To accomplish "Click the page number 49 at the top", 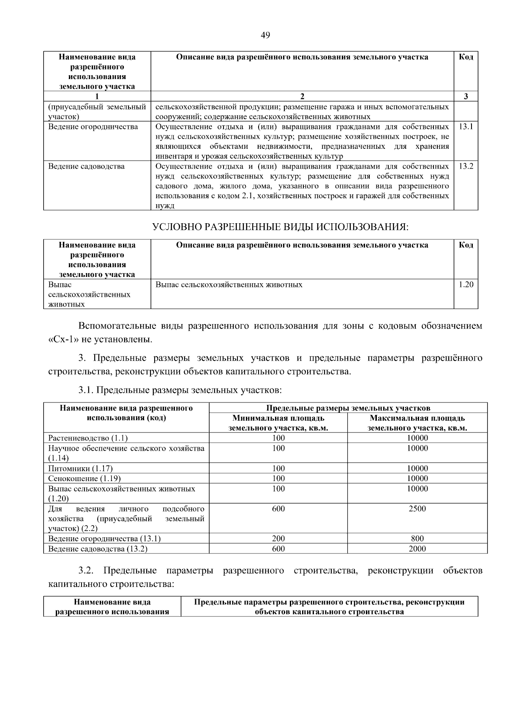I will [x=265, y=36].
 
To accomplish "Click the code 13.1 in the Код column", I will [x=466, y=126].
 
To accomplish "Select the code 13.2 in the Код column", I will [x=466, y=166].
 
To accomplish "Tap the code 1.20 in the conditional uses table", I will [x=466, y=285].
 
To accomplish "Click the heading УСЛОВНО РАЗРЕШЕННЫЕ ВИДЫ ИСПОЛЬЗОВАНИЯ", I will [x=281, y=227].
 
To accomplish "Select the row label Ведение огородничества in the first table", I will [x=93, y=126].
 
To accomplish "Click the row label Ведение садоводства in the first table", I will [x=86, y=166].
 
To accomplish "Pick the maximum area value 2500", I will [x=417, y=509].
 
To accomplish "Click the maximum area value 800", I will [x=417, y=539].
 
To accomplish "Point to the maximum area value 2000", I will [x=417, y=549].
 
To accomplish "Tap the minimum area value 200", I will [x=278, y=539].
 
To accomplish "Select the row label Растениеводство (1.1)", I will [x=88, y=438].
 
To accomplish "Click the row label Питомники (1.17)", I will [x=80, y=468].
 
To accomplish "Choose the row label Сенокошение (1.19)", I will [x=84, y=479].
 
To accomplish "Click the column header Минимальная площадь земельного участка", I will [x=278, y=423].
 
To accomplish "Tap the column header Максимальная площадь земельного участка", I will [x=417, y=423].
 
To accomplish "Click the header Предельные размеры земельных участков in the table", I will [x=348, y=408].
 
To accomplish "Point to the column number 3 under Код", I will [x=466, y=96].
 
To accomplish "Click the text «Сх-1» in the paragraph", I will [x=63, y=339].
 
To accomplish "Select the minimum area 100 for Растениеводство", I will [x=278, y=438].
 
